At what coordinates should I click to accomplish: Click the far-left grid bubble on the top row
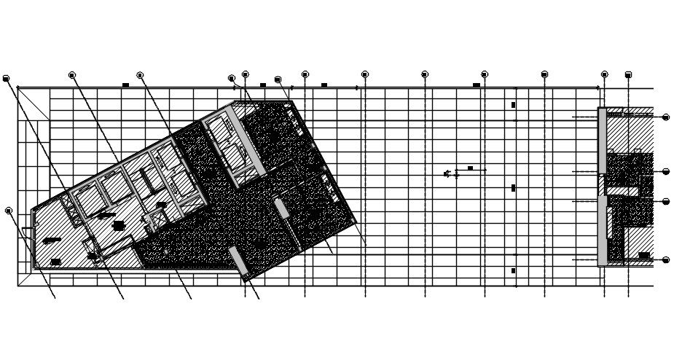(x=6, y=78)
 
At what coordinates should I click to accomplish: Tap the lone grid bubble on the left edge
(x=9, y=211)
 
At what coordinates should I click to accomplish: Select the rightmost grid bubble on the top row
(x=628, y=74)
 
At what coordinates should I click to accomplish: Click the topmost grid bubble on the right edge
(x=666, y=117)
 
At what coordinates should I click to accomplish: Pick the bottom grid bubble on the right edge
(x=666, y=259)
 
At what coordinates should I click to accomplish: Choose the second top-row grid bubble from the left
(x=72, y=75)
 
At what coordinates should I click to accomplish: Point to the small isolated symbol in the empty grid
(x=447, y=173)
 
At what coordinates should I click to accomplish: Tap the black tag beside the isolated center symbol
(x=470, y=168)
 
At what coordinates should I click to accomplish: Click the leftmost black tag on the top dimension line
(x=125, y=85)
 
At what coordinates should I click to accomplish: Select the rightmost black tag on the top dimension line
(x=477, y=85)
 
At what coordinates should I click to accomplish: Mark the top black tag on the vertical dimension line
(x=513, y=105)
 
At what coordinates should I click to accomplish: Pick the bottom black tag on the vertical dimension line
(x=513, y=270)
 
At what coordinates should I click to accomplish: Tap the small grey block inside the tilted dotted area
(x=281, y=208)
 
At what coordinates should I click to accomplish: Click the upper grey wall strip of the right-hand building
(x=603, y=149)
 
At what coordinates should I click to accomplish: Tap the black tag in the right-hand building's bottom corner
(x=644, y=255)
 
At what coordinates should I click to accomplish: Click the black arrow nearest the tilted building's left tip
(x=52, y=240)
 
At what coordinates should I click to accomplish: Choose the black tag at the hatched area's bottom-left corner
(x=55, y=262)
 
